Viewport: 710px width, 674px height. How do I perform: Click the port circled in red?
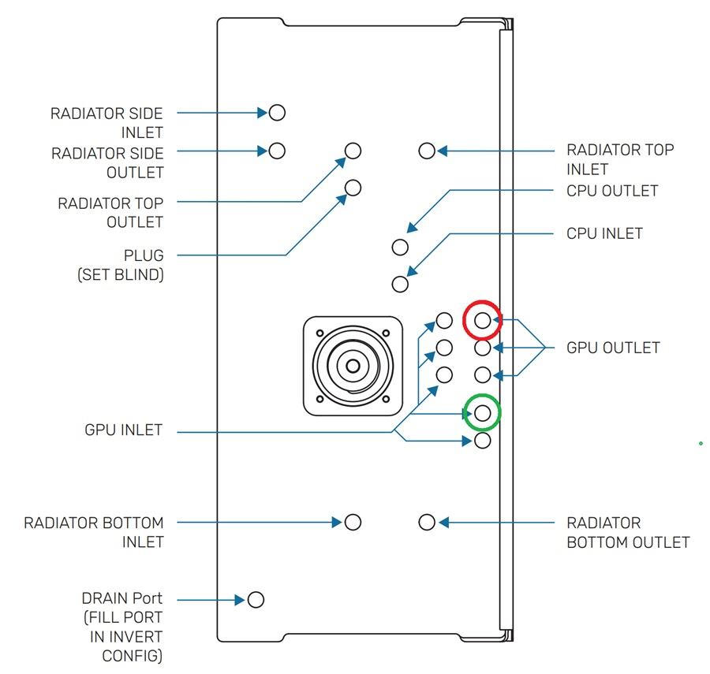483,319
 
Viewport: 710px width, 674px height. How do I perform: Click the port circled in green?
483,411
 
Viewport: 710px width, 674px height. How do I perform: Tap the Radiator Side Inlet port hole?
277,113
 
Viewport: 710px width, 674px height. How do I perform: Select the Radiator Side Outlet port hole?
277,150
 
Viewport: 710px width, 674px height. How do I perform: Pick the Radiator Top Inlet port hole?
427,150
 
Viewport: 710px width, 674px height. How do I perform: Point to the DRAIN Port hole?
256,600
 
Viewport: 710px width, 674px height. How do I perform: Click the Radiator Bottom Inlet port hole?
353,522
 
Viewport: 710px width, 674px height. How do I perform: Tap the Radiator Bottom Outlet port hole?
427,522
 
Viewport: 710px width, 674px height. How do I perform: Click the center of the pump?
352,366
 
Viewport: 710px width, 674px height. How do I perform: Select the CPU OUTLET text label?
612,191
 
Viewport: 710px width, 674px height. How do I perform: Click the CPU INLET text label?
604,233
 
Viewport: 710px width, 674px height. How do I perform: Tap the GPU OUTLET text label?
613,348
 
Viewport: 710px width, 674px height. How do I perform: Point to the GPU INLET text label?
123,430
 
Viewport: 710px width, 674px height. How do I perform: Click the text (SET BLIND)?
121,275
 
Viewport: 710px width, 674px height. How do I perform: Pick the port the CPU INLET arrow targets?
400,284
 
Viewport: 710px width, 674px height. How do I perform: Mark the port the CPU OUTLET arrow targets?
400,247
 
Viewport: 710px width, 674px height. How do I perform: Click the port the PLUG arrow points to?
353,188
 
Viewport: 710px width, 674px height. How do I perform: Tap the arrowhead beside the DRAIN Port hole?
241,600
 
